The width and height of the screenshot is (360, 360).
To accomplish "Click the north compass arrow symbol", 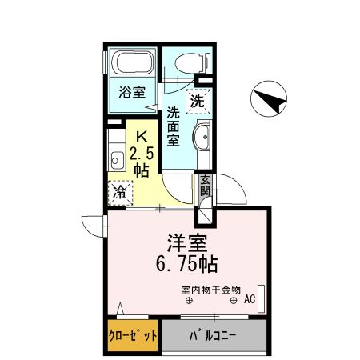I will click(x=270, y=100).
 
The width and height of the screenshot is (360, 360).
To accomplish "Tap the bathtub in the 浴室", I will click(x=132, y=63).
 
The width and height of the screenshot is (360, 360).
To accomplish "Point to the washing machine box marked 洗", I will click(x=198, y=101).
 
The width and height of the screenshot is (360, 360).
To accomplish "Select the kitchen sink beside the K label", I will click(x=114, y=157).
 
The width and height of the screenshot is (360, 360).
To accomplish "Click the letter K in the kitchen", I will click(x=142, y=137).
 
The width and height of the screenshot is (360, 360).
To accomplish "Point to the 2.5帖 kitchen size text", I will click(x=142, y=160).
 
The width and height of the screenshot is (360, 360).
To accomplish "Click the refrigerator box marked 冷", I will click(x=121, y=192).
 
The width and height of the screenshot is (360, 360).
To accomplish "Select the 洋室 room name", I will click(x=184, y=242).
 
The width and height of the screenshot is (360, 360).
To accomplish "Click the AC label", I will click(x=249, y=300).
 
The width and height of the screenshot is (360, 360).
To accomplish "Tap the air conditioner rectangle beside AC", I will click(x=260, y=295).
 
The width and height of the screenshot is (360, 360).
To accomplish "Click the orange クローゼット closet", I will click(x=133, y=335).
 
